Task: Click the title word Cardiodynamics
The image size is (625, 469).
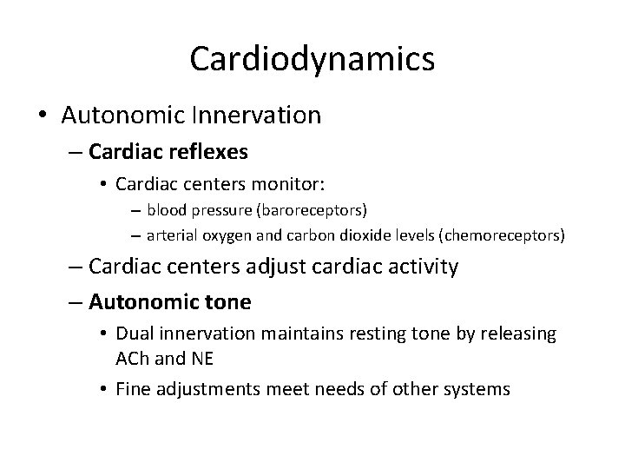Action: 312,58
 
